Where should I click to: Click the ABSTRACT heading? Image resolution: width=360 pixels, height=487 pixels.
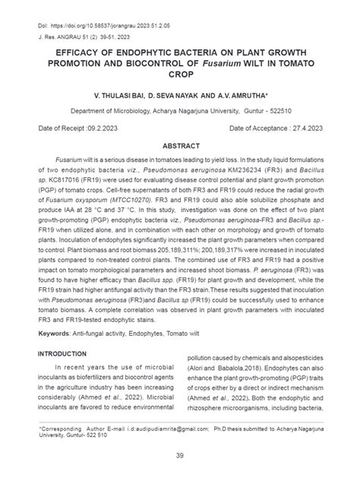pos(180,146)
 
